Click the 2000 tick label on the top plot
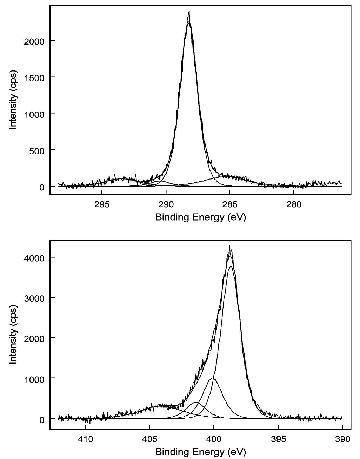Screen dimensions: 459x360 pos(34,41)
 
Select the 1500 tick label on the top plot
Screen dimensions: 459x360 pos(34,77)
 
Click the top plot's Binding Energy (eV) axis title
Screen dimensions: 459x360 pos(200,217)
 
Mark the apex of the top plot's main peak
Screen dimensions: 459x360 pos(189,11)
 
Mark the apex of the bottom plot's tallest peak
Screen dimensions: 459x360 pos(229,246)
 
